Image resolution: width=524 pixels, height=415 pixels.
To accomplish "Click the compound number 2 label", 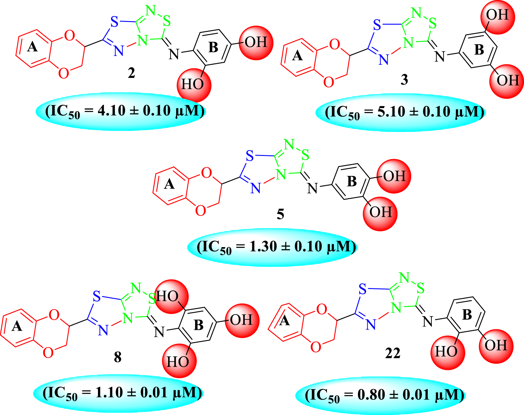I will click(x=131, y=73).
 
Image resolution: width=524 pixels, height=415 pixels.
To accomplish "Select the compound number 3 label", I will click(x=404, y=80).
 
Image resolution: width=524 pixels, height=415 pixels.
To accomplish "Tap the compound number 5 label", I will click(x=280, y=214).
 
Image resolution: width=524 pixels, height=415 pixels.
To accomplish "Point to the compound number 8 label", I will click(x=118, y=357).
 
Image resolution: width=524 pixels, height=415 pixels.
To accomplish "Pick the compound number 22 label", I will click(x=393, y=353).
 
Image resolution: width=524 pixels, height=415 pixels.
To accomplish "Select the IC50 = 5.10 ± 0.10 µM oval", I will click(x=400, y=112).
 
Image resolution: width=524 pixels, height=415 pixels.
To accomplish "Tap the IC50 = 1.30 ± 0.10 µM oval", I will click(x=272, y=247).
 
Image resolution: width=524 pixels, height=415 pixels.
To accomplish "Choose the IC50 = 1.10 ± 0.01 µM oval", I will click(x=118, y=393).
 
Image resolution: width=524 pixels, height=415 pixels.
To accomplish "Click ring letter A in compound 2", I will click(x=32, y=48).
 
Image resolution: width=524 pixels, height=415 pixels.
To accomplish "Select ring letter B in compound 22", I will click(x=467, y=314).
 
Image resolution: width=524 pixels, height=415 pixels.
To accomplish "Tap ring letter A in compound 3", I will click(x=297, y=56).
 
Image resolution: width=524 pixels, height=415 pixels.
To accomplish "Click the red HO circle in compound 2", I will click(x=194, y=85).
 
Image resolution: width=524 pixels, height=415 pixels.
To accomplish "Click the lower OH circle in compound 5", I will click(x=380, y=213).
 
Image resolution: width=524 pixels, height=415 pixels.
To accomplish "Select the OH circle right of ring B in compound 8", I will click(x=242, y=320).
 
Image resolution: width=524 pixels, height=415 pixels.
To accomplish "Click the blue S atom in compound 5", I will click(x=250, y=157).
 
